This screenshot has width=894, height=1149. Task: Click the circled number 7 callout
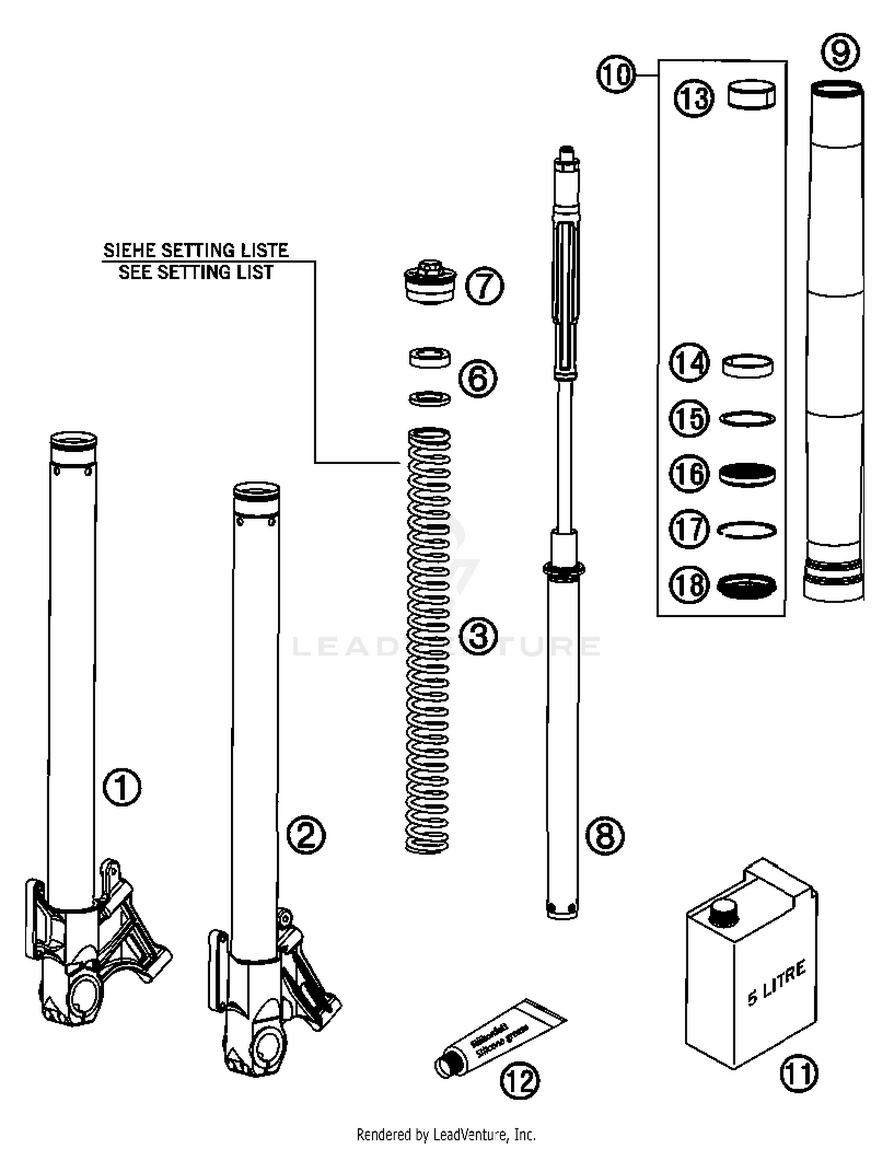click(x=484, y=286)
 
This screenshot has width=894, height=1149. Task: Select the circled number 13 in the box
click(x=694, y=98)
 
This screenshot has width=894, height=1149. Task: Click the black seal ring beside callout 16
click(x=747, y=475)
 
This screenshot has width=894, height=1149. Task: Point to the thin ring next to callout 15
click(x=747, y=419)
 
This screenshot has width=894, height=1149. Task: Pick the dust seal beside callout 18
click(x=747, y=586)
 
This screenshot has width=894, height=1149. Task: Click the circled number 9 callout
click(x=840, y=52)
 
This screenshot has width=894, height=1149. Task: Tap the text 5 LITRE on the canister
click(x=777, y=982)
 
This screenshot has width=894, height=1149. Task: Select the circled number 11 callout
click(x=799, y=1073)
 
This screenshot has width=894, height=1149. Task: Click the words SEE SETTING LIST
click(x=195, y=272)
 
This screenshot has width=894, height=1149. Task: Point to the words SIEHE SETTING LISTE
click(x=195, y=250)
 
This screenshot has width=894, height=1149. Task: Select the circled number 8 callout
click(x=604, y=835)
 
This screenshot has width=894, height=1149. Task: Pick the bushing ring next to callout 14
click(x=747, y=365)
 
